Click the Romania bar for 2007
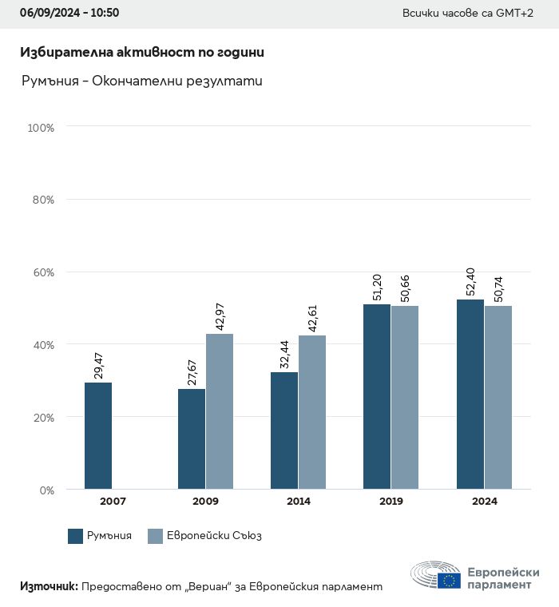tap(98, 435)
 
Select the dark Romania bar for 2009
tap(192, 438)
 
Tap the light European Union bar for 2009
tap(220, 411)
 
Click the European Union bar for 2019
tap(405, 397)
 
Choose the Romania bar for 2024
tap(470, 394)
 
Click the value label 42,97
tap(220, 314)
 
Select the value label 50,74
tap(498, 286)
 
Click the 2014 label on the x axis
tap(299, 502)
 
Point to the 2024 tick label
tap(484, 502)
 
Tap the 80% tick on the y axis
tap(42, 200)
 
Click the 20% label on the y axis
tap(42, 417)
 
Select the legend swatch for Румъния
tap(76, 536)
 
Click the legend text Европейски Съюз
tap(214, 536)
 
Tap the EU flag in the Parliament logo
tap(448, 580)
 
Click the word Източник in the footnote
tap(49, 586)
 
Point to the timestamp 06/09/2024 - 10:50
tap(69, 14)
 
